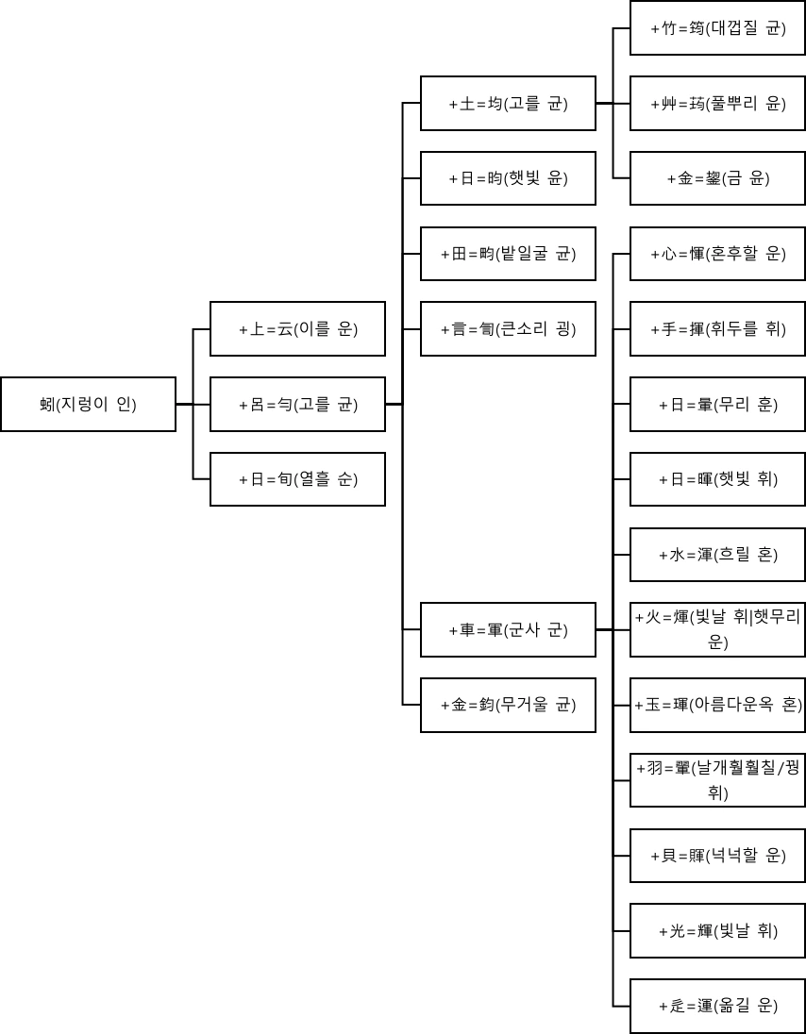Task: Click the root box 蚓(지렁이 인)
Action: [x=88, y=404]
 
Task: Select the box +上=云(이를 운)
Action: [x=297, y=328]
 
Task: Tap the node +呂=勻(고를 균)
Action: [x=297, y=404]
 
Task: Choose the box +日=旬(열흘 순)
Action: [x=297, y=479]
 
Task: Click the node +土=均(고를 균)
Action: [x=508, y=103]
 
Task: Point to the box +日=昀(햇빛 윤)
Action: [x=508, y=178]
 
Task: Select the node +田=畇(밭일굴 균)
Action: [x=508, y=254]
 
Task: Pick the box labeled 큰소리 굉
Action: [x=508, y=328]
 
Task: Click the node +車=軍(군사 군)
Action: [x=508, y=629]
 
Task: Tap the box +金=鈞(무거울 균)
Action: [x=508, y=705]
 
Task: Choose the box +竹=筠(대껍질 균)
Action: [x=717, y=28]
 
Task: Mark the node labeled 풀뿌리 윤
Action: [x=717, y=103]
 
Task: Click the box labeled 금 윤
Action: [x=717, y=178]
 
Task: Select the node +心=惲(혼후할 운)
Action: [x=717, y=254]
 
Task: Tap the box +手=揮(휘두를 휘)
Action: [x=717, y=328]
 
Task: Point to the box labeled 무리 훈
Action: [x=717, y=404]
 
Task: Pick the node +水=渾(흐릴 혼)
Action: [x=717, y=554]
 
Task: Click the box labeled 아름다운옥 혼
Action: [x=717, y=705]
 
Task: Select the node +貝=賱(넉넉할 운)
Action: [x=717, y=856]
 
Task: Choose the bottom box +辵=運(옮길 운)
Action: [x=717, y=1006]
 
